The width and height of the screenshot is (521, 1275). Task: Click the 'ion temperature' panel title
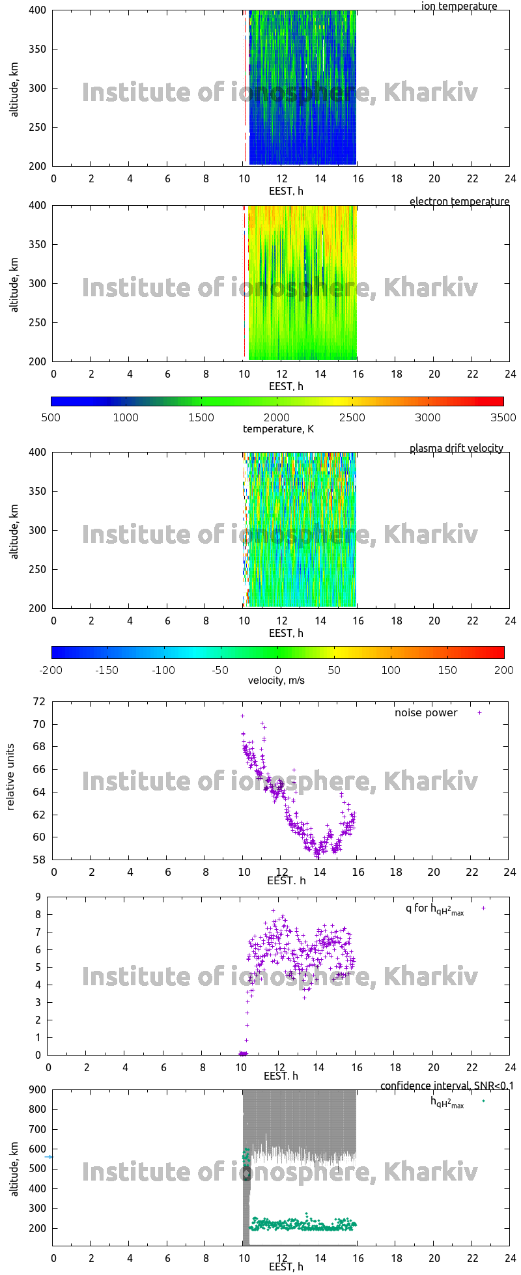[x=459, y=7]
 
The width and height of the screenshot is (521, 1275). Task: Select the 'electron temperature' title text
[x=459, y=202]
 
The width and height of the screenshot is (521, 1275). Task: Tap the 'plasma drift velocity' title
[x=456, y=449]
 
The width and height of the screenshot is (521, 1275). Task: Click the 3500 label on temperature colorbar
[x=503, y=417]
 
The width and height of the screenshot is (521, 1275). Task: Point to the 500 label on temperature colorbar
[x=51, y=417]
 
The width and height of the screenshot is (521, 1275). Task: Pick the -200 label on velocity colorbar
[x=51, y=670]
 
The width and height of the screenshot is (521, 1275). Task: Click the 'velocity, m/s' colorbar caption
[x=276, y=680]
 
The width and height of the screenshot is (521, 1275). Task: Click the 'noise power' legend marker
[x=480, y=712]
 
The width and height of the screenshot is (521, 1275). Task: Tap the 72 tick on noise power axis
[x=39, y=702]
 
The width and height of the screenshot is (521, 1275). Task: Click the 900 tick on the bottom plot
[x=38, y=1090]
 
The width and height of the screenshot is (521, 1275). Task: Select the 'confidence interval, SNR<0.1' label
[x=447, y=1086]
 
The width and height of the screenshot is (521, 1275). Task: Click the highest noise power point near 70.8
[x=242, y=716]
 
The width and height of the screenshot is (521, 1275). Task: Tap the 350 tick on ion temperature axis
[x=38, y=49]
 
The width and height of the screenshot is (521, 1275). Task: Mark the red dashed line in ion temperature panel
[x=245, y=85]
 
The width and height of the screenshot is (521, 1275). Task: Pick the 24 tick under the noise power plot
[x=510, y=872]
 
